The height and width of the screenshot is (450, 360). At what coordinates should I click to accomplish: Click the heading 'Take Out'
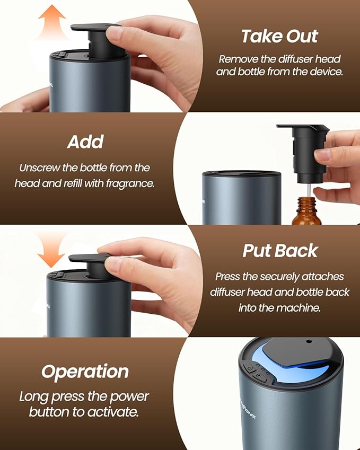[x=279, y=36]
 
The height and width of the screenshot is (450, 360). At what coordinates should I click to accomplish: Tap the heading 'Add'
[x=85, y=142]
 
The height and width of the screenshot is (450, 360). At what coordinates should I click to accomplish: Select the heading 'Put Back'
[x=280, y=251]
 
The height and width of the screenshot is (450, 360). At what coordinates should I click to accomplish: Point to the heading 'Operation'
[x=85, y=372]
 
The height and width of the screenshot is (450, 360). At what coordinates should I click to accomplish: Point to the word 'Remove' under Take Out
[x=236, y=59]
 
